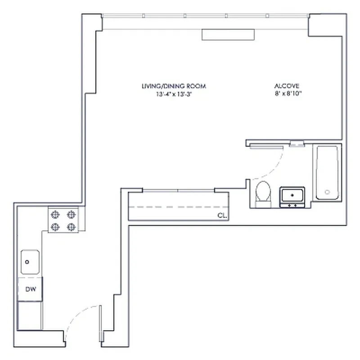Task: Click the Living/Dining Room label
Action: pyautogui.click(x=174, y=86)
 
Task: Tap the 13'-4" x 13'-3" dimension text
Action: pyautogui.click(x=174, y=94)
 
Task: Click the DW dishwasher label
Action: pyautogui.click(x=30, y=289)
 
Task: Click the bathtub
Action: pyautogui.click(x=327, y=172)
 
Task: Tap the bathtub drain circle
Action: pyautogui.click(x=327, y=192)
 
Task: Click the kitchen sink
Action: pyautogui.click(x=30, y=262)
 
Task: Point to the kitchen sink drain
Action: pyautogui.click(x=27, y=261)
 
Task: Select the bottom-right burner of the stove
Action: pyautogui.click(x=71, y=227)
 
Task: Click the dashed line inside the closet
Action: pyautogui.click(x=178, y=207)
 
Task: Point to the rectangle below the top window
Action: pyautogui.click(x=229, y=35)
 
